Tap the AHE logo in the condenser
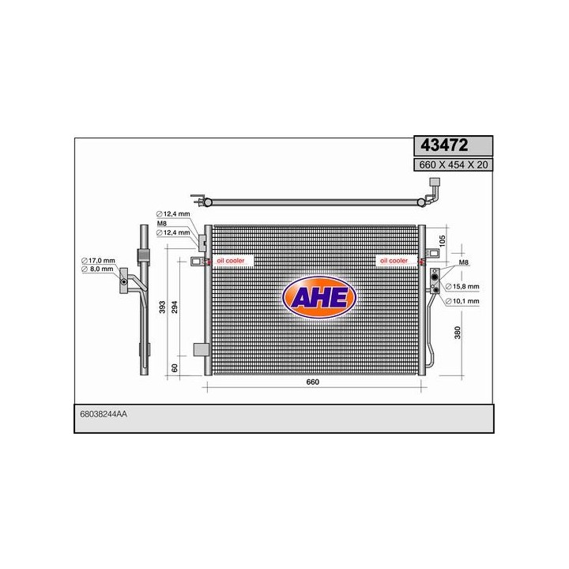click(319, 297)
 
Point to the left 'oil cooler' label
click(231, 260)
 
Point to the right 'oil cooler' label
click(394, 260)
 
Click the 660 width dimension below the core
click(313, 382)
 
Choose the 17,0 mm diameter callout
click(100, 261)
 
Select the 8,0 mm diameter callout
click(100, 270)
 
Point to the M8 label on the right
click(464, 262)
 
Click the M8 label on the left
click(162, 224)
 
